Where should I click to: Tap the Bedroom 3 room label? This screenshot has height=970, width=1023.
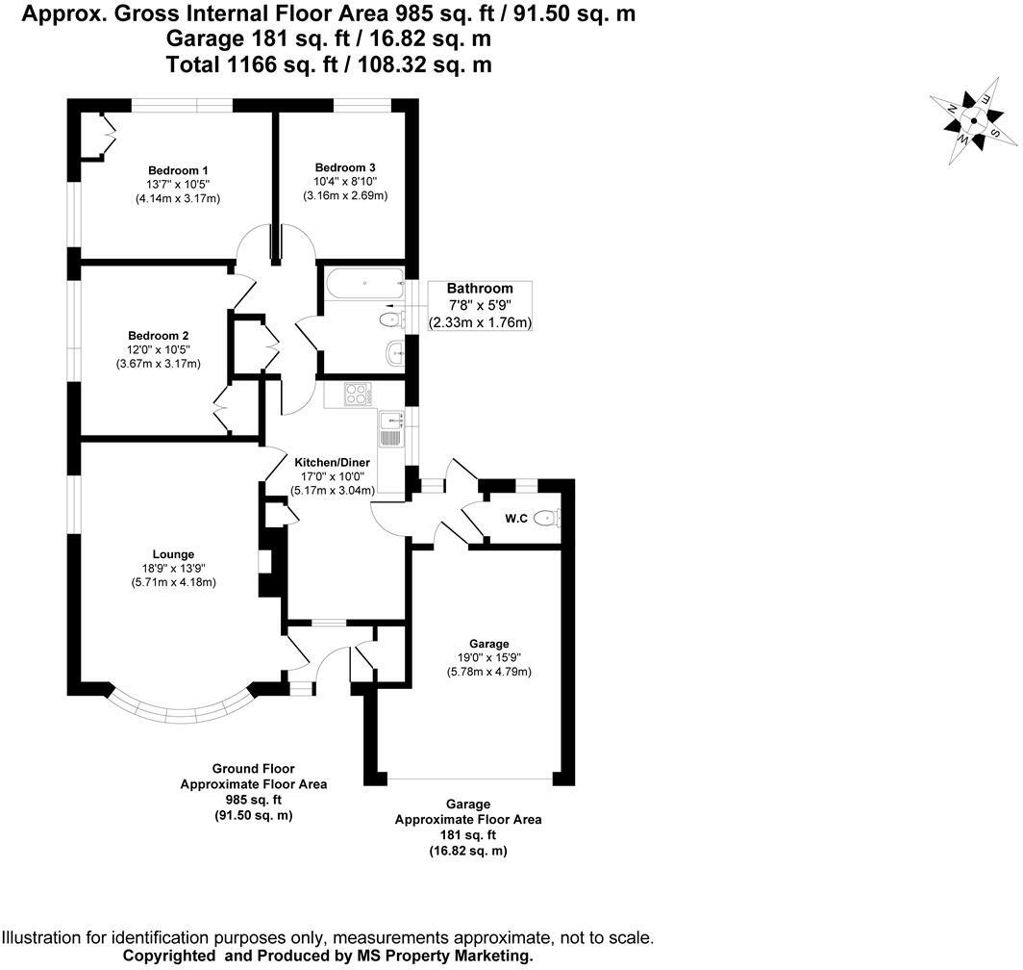(x=344, y=166)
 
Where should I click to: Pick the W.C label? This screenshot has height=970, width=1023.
(x=516, y=520)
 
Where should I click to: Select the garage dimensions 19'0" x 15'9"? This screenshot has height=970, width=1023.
(x=489, y=658)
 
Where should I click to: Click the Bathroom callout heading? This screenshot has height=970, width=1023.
(x=480, y=289)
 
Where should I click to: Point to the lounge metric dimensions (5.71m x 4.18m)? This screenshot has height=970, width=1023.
(x=173, y=582)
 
